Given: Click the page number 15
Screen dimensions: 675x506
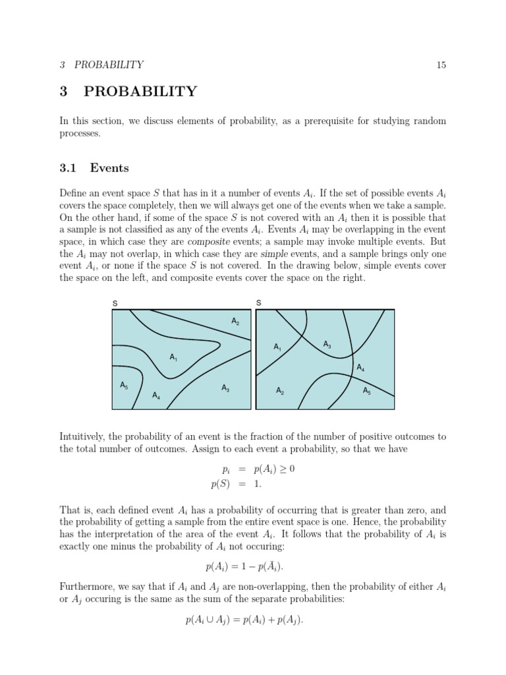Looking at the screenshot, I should coord(441,65).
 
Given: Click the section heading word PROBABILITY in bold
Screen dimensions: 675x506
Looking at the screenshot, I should coord(140,92).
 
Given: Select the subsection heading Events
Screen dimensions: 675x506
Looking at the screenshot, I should coord(109,168).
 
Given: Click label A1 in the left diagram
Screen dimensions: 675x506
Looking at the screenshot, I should coord(174,357).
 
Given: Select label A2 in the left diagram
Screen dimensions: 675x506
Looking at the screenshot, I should coord(235,321).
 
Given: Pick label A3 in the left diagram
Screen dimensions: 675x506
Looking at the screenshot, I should coord(225,388).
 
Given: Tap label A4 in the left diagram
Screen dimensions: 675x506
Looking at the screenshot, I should coord(156,396).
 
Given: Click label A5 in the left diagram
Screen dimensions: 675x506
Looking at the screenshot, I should coord(124,385).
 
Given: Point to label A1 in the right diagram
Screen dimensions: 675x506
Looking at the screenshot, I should coord(277,347).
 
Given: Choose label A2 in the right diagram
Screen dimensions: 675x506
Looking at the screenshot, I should coord(280,392).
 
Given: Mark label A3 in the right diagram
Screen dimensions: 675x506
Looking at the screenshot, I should coord(327,344).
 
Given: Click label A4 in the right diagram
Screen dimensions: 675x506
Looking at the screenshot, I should coord(360,368).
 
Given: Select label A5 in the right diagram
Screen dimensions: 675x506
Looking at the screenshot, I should coord(367,391).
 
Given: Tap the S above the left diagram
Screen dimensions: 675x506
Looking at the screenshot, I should coord(115,303).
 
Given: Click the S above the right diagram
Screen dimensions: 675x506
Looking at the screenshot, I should coord(258,303).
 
